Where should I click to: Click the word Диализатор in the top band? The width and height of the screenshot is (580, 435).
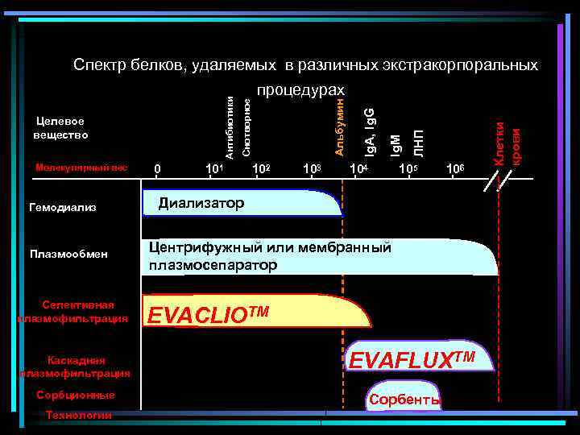(201, 202)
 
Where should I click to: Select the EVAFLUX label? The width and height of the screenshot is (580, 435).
(412, 358)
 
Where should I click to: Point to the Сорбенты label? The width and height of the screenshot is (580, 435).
(404, 400)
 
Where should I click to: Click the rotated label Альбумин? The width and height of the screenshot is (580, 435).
(340, 125)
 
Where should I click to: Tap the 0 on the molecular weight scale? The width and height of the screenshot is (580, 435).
(158, 168)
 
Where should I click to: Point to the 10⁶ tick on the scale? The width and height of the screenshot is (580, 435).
(456, 168)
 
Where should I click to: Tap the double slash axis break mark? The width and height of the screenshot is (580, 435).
(494, 182)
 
